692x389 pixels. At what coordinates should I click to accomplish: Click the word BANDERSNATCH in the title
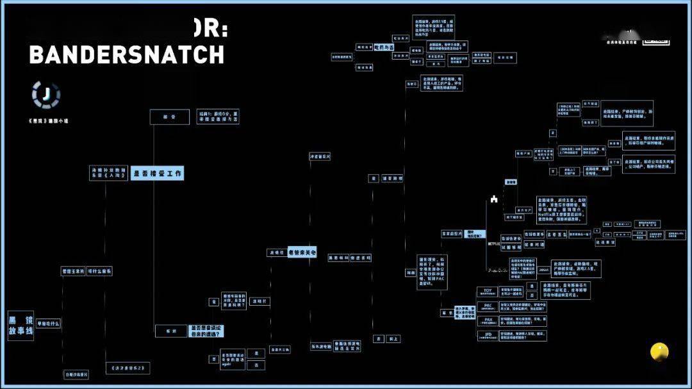pyautogui.click(x=127, y=55)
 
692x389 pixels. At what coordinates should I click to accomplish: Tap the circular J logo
pyautogui.click(x=46, y=95)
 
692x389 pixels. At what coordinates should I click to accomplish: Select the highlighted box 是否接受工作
pyautogui.click(x=158, y=173)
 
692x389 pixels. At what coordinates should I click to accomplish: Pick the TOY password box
pyautogui.click(x=488, y=292)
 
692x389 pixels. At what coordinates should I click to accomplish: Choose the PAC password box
pyautogui.click(x=488, y=307)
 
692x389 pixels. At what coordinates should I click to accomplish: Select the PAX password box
pyautogui.click(x=488, y=320)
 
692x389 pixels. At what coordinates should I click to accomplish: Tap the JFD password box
pyautogui.click(x=488, y=335)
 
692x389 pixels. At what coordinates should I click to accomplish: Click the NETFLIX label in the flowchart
pyautogui.click(x=495, y=244)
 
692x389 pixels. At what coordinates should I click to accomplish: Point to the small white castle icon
pyautogui.click(x=494, y=199)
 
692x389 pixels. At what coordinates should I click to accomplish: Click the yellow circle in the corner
pyautogui.click(x=659, y=351)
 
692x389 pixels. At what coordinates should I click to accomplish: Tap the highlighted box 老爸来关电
pyautogui.click(x=302, y=252)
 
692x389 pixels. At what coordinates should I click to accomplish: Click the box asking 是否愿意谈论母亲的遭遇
pyautogui.click(x=207, y=331)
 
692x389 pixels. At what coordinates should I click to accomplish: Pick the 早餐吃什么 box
pyautogui.click(x=47, y=324)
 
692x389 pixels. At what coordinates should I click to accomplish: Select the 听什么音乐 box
pyautogui.click(x=99, y=271)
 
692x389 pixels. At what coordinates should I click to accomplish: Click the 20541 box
pyautogui.click(x=542, y=270)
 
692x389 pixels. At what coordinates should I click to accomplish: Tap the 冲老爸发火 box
pyautogui.click(x=320, y=156)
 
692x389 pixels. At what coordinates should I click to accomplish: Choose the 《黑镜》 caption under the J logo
pyautogui.click(x=49, y=120)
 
